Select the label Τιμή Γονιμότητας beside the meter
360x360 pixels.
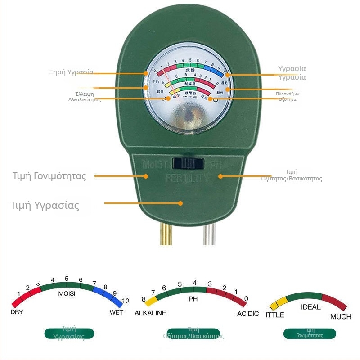point(49,176)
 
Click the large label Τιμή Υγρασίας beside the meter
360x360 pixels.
point(45,206)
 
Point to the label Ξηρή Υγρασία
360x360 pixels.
point(71,72)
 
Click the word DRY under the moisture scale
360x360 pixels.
point(17,311)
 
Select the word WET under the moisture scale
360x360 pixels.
point(117,312)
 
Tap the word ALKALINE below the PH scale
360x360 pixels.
point(150,313)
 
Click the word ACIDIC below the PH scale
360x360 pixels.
point(248,313)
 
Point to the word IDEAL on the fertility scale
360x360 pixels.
point(310,307)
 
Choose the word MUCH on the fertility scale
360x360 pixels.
point(341,317)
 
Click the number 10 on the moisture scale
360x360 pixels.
point(126,301)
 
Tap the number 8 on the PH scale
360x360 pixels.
point(144,299)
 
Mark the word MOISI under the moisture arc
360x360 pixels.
point(67,293)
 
